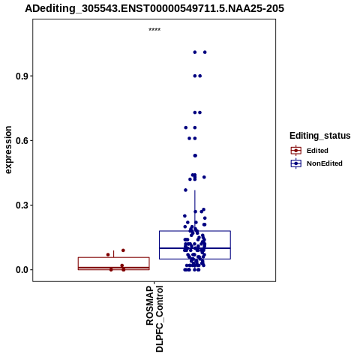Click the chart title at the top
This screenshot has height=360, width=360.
[x=154, y=8]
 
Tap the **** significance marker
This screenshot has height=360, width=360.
[x=154, y=30]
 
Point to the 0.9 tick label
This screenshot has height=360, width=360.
[x=21, y=76]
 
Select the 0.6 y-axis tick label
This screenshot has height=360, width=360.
[x=21, y=141]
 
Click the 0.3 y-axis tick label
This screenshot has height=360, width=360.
[x=21, y=205]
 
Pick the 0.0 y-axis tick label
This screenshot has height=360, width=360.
[x=21, y=270]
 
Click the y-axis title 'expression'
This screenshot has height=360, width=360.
[x=8, y=150]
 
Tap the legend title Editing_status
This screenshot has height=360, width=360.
[x=320, y=136]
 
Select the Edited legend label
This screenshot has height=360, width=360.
[x=317, y=151]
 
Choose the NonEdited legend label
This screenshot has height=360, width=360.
[x=325, y=163]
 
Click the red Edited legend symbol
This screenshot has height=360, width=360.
[x=296, y=151]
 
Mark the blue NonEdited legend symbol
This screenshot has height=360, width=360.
[x=296, y=163]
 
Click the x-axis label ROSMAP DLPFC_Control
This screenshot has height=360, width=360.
[x=154, y=319]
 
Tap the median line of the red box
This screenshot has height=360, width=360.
[x=114, y=268]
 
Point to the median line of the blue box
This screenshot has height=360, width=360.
[x=195, y=248]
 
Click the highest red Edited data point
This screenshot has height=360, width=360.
[x=123, y=250]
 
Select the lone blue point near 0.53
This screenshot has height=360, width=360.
[x=195, y=156]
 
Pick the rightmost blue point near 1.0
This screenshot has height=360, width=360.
[x=205, y=52]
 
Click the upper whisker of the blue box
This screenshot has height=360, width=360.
[x=195, y=211]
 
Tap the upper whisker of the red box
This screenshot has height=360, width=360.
[x=114, y=254]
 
